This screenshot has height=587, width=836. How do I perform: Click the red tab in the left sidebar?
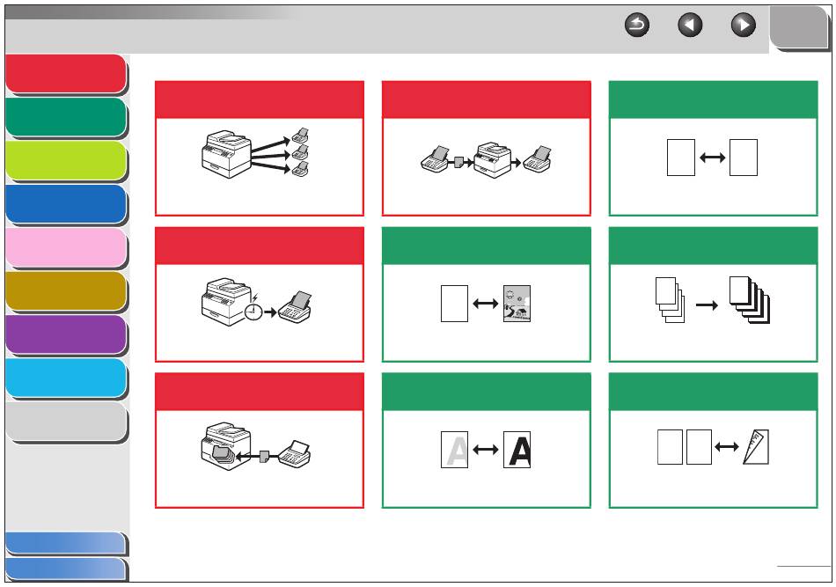(x=66, y=74)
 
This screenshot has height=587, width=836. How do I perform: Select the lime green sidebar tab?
(x=66, y=160)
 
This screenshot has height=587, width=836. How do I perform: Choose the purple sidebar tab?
(x=66, y=334)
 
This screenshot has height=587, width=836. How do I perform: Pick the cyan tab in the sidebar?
(x=66, y=378)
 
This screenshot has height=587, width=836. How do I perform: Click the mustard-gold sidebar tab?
(x=66, y=291)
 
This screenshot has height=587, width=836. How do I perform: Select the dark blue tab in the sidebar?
(x=66, y=204)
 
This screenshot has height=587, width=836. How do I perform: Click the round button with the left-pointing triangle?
(x=690, y=25)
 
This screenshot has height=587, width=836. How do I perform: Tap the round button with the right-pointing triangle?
(x=744, y=25)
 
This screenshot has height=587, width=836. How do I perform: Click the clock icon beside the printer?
(x=253, y=312)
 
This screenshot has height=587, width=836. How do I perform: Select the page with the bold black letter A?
(x=517, y=450)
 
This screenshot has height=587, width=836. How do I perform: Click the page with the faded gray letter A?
(x=454, y=450)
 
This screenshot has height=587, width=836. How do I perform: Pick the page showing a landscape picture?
(x=517, y=304)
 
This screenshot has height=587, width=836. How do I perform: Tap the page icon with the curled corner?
(x=756, y=447)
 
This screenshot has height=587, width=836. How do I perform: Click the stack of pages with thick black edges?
(x=750, y=299)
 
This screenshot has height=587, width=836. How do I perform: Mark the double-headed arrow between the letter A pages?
(x=486, y=450)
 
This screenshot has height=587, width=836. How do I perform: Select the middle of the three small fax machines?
(x=300, y=153)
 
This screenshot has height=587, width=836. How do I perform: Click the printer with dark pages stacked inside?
(x=226, y=447)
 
